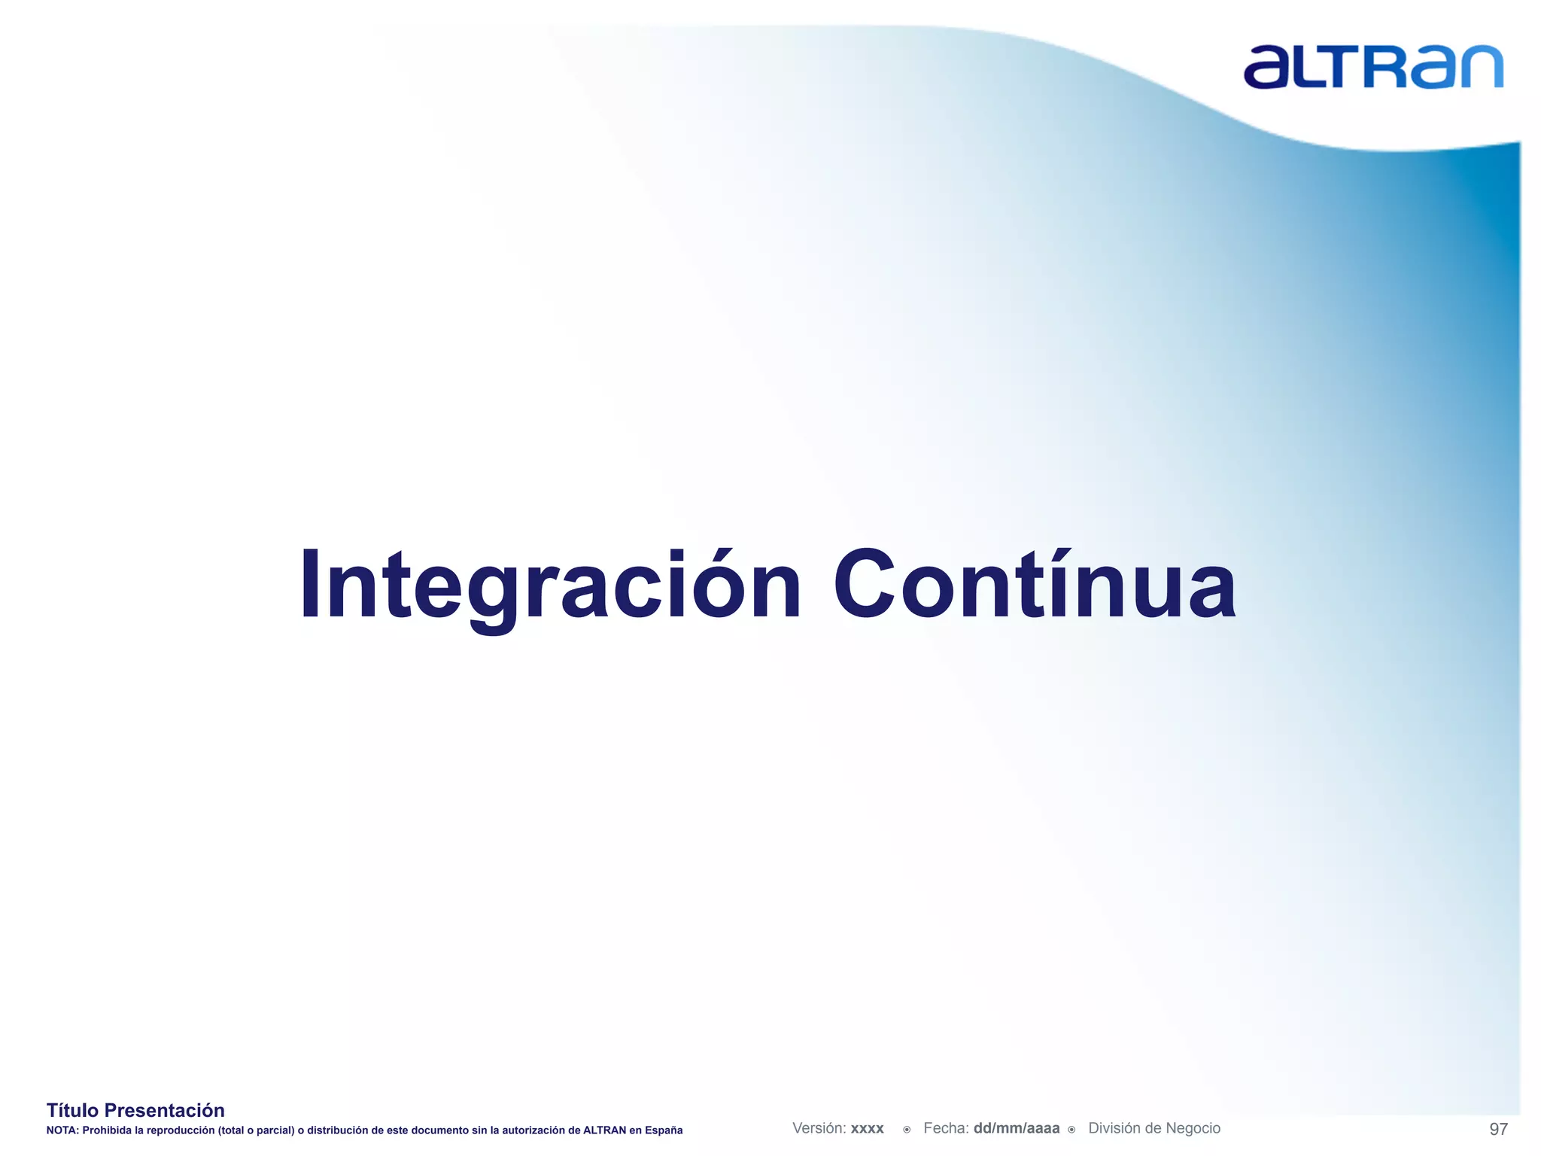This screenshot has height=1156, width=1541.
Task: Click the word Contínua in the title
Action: pyautogui.click(x=1034, y=585)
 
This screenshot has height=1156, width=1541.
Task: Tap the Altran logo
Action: pyautogui.click(x=1372, y=67)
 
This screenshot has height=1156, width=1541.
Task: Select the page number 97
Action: pyautogui.click(x=1498, y=1129)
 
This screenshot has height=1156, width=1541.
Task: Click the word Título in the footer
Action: pyautogui.click(x=73, y=1110)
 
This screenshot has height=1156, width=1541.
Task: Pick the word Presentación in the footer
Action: pyautogui.click(x=164, y=1110)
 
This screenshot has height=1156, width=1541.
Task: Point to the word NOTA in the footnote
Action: pyautogui.click(x=61, y=1130)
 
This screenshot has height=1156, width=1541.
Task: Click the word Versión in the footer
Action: pyautogui.click(x=819, y=1128)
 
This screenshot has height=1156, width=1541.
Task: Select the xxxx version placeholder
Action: pyautogui.click(x=867, y=1129)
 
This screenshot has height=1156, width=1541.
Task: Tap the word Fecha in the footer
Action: pyautogui.click(x=945, y=1128)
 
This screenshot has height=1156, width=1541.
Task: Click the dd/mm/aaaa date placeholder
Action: pyautogui.click(x=1016, y=1128)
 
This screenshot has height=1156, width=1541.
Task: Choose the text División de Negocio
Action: pyautogui.click(x=1154, y=1128)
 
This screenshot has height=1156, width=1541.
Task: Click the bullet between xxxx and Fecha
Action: pyautogui.click(x=907, y=1130)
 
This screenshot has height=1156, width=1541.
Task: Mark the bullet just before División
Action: pyautogui.click(x=1071, y=1130)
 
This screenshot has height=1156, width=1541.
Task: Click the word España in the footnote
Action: pyautogui.click(x=664, y=1130)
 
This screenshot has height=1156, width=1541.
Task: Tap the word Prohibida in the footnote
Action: pyautogui.click(x=107, y=1130)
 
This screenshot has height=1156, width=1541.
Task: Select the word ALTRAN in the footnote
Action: pyautogui.click(x=604, y=1130)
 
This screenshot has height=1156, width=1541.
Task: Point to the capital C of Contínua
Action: pyautogui.click(x=862, y=585)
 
